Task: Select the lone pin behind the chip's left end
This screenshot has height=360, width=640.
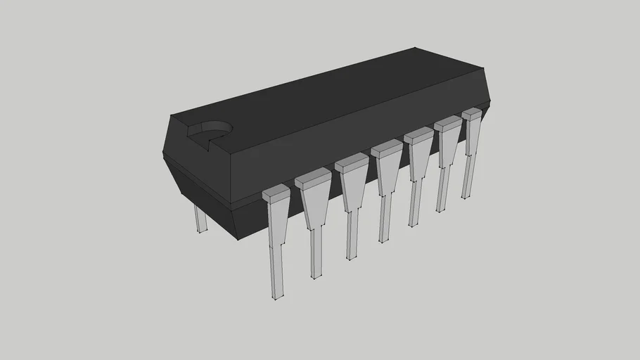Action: (x=200, y=219)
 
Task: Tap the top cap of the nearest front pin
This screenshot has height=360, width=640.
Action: (x=276, y=190)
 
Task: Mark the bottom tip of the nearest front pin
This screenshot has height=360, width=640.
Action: (x=277, y=297)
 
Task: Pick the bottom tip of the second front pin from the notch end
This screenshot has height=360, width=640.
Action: (x=316, y=276)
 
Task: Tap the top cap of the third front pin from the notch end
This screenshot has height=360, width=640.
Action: (x=352, y=162)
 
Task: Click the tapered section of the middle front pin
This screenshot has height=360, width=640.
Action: (x=385, y=172)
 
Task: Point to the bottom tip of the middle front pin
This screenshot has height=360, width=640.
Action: (x=384, y=241)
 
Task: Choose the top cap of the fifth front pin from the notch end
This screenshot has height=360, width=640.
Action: (x=418, y=136)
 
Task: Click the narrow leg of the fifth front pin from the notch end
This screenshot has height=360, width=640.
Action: (x=414, y=204)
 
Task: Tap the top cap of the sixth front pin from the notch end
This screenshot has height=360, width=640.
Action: (x=448, y=123)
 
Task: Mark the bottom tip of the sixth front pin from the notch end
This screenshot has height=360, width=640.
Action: (x=442, y=210)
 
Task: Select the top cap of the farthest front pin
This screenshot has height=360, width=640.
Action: (x=472, y=112)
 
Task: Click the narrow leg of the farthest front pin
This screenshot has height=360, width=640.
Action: (x=467, y=179)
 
